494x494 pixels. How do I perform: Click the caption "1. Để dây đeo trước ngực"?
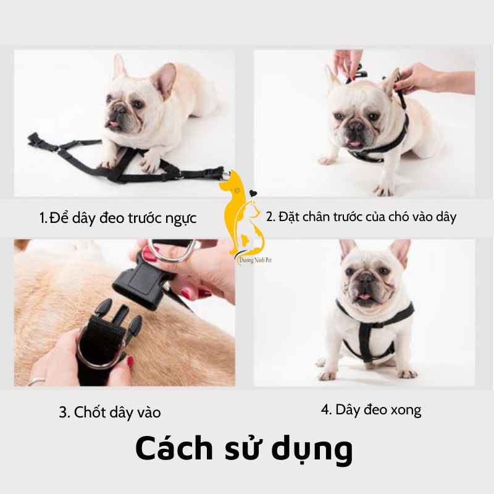point(118,218)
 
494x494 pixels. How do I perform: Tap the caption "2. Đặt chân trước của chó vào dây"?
point(361,217)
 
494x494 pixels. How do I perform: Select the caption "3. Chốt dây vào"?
point(109,412)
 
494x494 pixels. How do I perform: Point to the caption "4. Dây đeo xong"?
point(371,410)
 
